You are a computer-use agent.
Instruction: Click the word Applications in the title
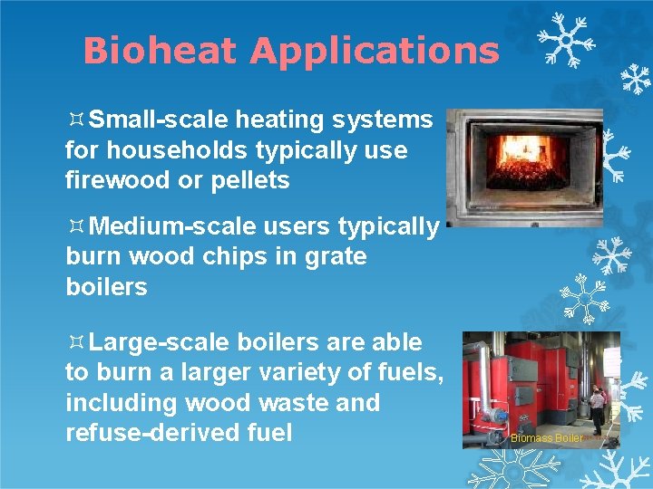pos(375,51)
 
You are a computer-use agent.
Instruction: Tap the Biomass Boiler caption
pos(547,437)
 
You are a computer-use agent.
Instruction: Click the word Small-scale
pos(161,119)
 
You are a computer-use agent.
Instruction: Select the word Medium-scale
pos(170,225)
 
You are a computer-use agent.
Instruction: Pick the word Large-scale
pos(161,342)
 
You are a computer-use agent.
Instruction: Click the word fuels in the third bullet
pos(405,372)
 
